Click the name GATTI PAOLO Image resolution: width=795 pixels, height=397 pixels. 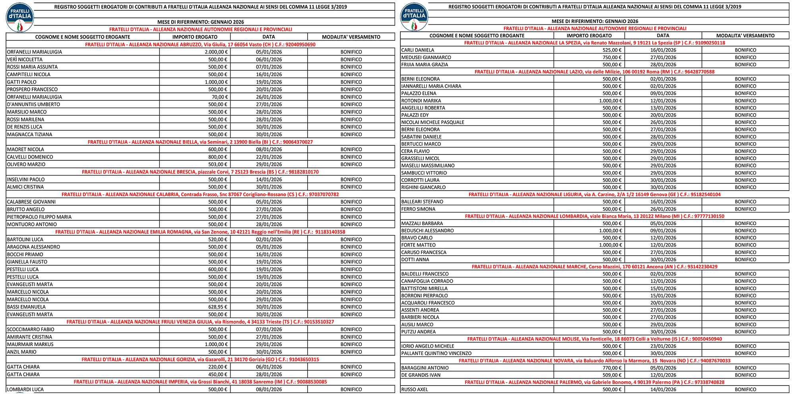tap(22, 82)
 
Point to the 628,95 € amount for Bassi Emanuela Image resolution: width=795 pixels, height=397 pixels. tap(218, 307)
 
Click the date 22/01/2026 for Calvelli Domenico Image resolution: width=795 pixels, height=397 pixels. tap(269, 157)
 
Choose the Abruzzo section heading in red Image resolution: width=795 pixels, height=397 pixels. tap(200, 44)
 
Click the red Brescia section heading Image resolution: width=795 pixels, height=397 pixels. tap(200, 172)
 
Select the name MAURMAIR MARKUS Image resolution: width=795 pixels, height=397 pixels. tap(30, 345)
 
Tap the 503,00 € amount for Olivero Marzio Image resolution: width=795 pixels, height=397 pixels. tap(218, 164)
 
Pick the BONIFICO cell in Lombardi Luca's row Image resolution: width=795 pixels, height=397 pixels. tap(351, 389)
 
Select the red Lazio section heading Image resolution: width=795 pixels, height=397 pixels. tap(595, 72)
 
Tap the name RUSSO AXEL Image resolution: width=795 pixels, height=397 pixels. tap(415, 389)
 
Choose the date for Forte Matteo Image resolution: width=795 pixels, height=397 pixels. tap(663, 245)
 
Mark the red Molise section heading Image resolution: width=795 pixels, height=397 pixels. tap(595, 339)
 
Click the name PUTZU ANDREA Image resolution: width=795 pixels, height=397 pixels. tap(418, 332)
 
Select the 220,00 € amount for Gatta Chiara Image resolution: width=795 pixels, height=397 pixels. tap(218, 367)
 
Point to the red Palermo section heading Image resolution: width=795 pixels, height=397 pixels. tap(595, 382)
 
